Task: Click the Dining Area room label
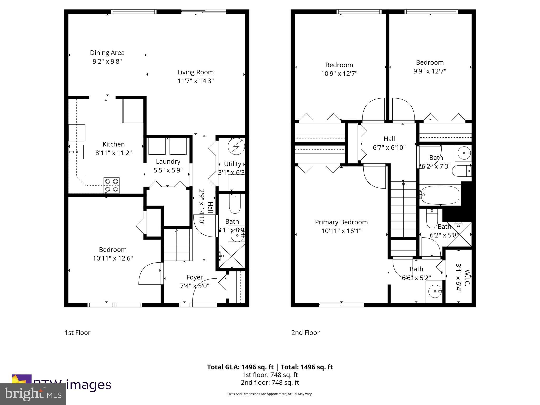[x=107, y=53]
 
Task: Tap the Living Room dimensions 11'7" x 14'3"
[x=195, y=81]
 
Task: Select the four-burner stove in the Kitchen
[x=112, y=185]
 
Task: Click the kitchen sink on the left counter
[x=77, y=152]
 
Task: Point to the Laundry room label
[x=168, y=162]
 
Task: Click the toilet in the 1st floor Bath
[x=235, y=204]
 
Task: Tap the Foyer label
[x=195, y=277]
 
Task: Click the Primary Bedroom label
[x=341, y=222]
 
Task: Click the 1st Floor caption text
[x=78, y=333]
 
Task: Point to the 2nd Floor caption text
[x=305, y=333]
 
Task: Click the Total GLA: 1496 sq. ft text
[x=241, y=367]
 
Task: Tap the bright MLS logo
[x=33, y=394]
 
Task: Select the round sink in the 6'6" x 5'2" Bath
[x=434, y=291]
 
